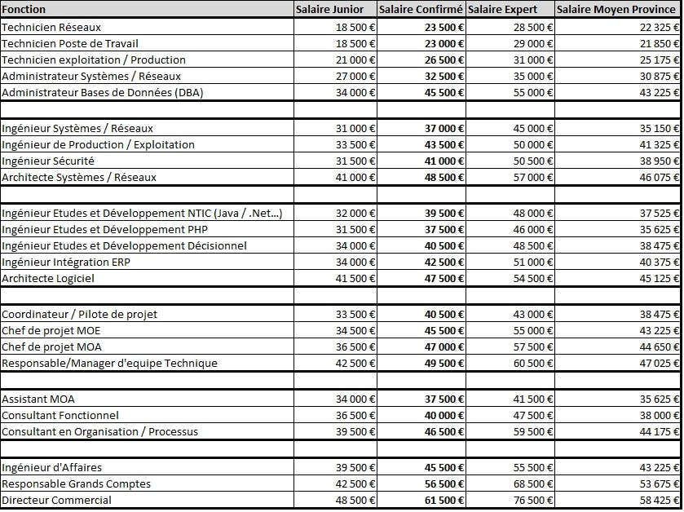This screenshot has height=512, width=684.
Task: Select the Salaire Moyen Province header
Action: pyautogui.click(x=616, y=9)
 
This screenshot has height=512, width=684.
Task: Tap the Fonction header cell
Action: pyautogui.click(x=24, y=9)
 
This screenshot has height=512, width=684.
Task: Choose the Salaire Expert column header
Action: pyautogui.click(x=503, y=9)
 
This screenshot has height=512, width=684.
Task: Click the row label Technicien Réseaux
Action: pyautogui.click(x=46, y=27)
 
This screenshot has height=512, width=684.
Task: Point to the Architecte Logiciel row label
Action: pyautogui.click(x=48, y=278)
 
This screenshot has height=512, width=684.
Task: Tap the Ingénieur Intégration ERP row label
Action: pyautogui.click(x=66, y=262)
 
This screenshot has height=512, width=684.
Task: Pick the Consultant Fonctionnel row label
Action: pyautogui.click(x=60, y=415)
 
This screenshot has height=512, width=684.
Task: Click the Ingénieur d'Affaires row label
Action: pyautogui.click(x=52, y=467)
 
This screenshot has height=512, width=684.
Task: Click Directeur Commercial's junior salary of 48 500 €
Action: pyautogui.click(x=355, y=500)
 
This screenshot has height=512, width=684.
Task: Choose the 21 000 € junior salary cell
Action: pyautogui.click(x=355, y=60)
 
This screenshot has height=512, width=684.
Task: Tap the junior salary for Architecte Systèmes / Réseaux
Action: pyautogui.click(x=355, y=177)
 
